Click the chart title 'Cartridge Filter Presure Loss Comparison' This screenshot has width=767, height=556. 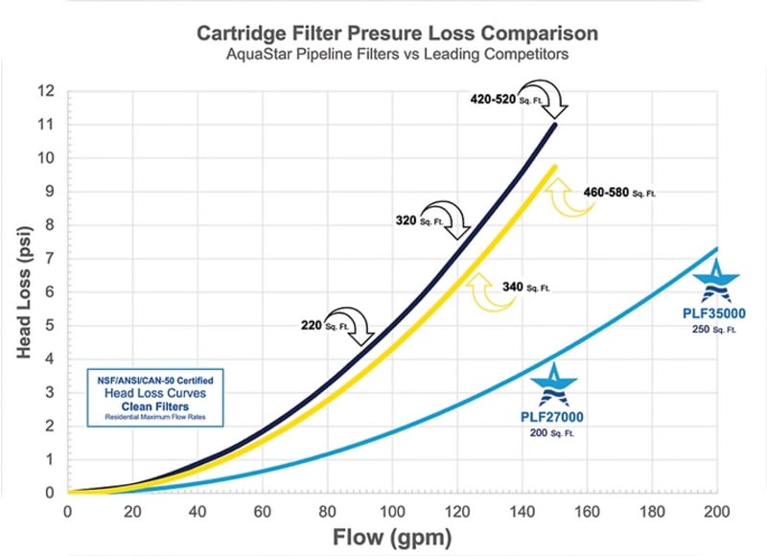click(x=397, y=33)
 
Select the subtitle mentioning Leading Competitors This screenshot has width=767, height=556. click(x=397, y=55)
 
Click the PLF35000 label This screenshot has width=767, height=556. click(x=714, y=312)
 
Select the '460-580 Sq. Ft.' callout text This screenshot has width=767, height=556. click(x=619, y=193)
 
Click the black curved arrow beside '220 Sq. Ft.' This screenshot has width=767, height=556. click(x=349, y=324)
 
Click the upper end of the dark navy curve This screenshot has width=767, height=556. click(x=554, y=125)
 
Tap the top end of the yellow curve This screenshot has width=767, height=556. click(x=553, y=168)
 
